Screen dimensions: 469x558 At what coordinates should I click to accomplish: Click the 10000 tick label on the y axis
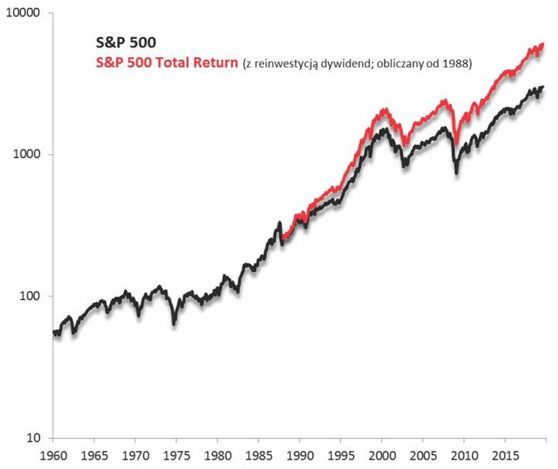coord(25,14)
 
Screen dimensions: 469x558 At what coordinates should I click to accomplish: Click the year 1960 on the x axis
coord(53,456)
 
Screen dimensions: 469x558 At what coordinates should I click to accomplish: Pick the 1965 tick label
coord(94,456)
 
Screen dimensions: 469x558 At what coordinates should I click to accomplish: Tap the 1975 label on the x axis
coord(176,456)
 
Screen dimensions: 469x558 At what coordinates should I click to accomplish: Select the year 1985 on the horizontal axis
coord(258,456)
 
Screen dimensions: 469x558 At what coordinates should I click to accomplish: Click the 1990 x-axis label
coord(300,456)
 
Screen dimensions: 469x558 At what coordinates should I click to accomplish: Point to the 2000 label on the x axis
coord(382,456)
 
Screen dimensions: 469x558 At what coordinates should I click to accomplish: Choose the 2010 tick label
coord(464,456)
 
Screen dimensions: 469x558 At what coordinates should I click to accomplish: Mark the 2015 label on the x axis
coord(505,456)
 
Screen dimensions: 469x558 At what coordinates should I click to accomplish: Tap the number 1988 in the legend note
coord(456,65)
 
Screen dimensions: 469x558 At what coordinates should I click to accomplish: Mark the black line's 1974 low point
coord(174,322)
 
